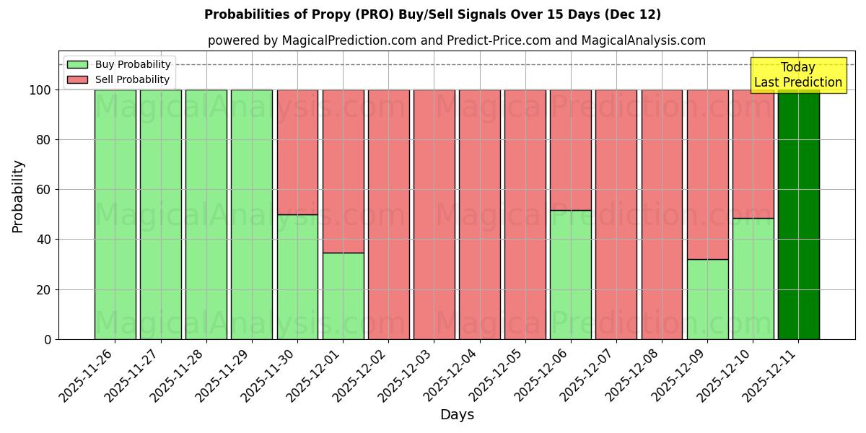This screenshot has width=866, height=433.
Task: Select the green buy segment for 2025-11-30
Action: (x=297, y=276)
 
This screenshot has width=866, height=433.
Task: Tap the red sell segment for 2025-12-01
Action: (x=343, y=171)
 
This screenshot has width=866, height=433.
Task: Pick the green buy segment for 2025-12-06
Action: (x=570, y=274)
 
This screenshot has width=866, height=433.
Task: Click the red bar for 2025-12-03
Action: (x=434, y=214)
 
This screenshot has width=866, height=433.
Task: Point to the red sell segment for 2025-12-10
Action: (x=753, y=154)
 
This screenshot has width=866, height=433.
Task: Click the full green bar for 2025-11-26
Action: (x=115, y=214)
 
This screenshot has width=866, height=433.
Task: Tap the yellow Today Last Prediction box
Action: (x=797, y=75)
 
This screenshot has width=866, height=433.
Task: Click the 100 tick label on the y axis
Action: (x=41, y=90)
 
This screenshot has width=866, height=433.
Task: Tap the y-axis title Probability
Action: (x=18, y=196)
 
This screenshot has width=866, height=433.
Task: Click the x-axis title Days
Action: (x=457, y=415)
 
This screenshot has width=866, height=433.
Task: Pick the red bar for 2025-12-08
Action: (x=662, y=214)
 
